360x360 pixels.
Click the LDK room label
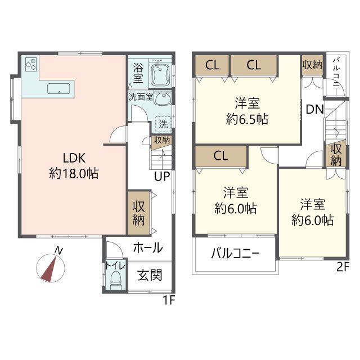pyautogui.click(x=74, y=158)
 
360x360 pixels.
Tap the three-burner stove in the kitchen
pyautogui.click(x=31, y=64)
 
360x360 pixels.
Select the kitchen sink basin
pyautogui.click(x=58, y=89)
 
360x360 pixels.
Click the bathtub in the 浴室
pyautogui.click(x=160, y=74)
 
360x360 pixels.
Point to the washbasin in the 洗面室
pyautogui.click(x=163, y=99)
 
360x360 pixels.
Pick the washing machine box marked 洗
pyautogui.click(x=163, y=124)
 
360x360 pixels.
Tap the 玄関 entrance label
pyautogui.click(x=150, y=275)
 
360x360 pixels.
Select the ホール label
pyautogui.click(x=148, y=247)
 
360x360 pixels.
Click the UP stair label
pyautogui.click(x=162, y=176)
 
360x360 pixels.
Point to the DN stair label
pyautogui.click(x=315, y=109)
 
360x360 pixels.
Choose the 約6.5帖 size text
pyautogui.click(x=247, y=119)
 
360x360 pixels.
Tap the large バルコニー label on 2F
pyautogui.click(x=235, y=254)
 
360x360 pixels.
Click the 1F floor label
pyautogui.click(x=169, y=300)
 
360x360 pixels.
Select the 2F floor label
pyautogui.click(x=343, y=267)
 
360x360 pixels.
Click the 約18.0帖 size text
pyautogui.click(x=74, y=174)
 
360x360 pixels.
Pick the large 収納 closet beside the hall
pyautogui.click(x=139, y=213)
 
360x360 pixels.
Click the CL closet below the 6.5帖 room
pyautogui.click(x=220, y=156)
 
